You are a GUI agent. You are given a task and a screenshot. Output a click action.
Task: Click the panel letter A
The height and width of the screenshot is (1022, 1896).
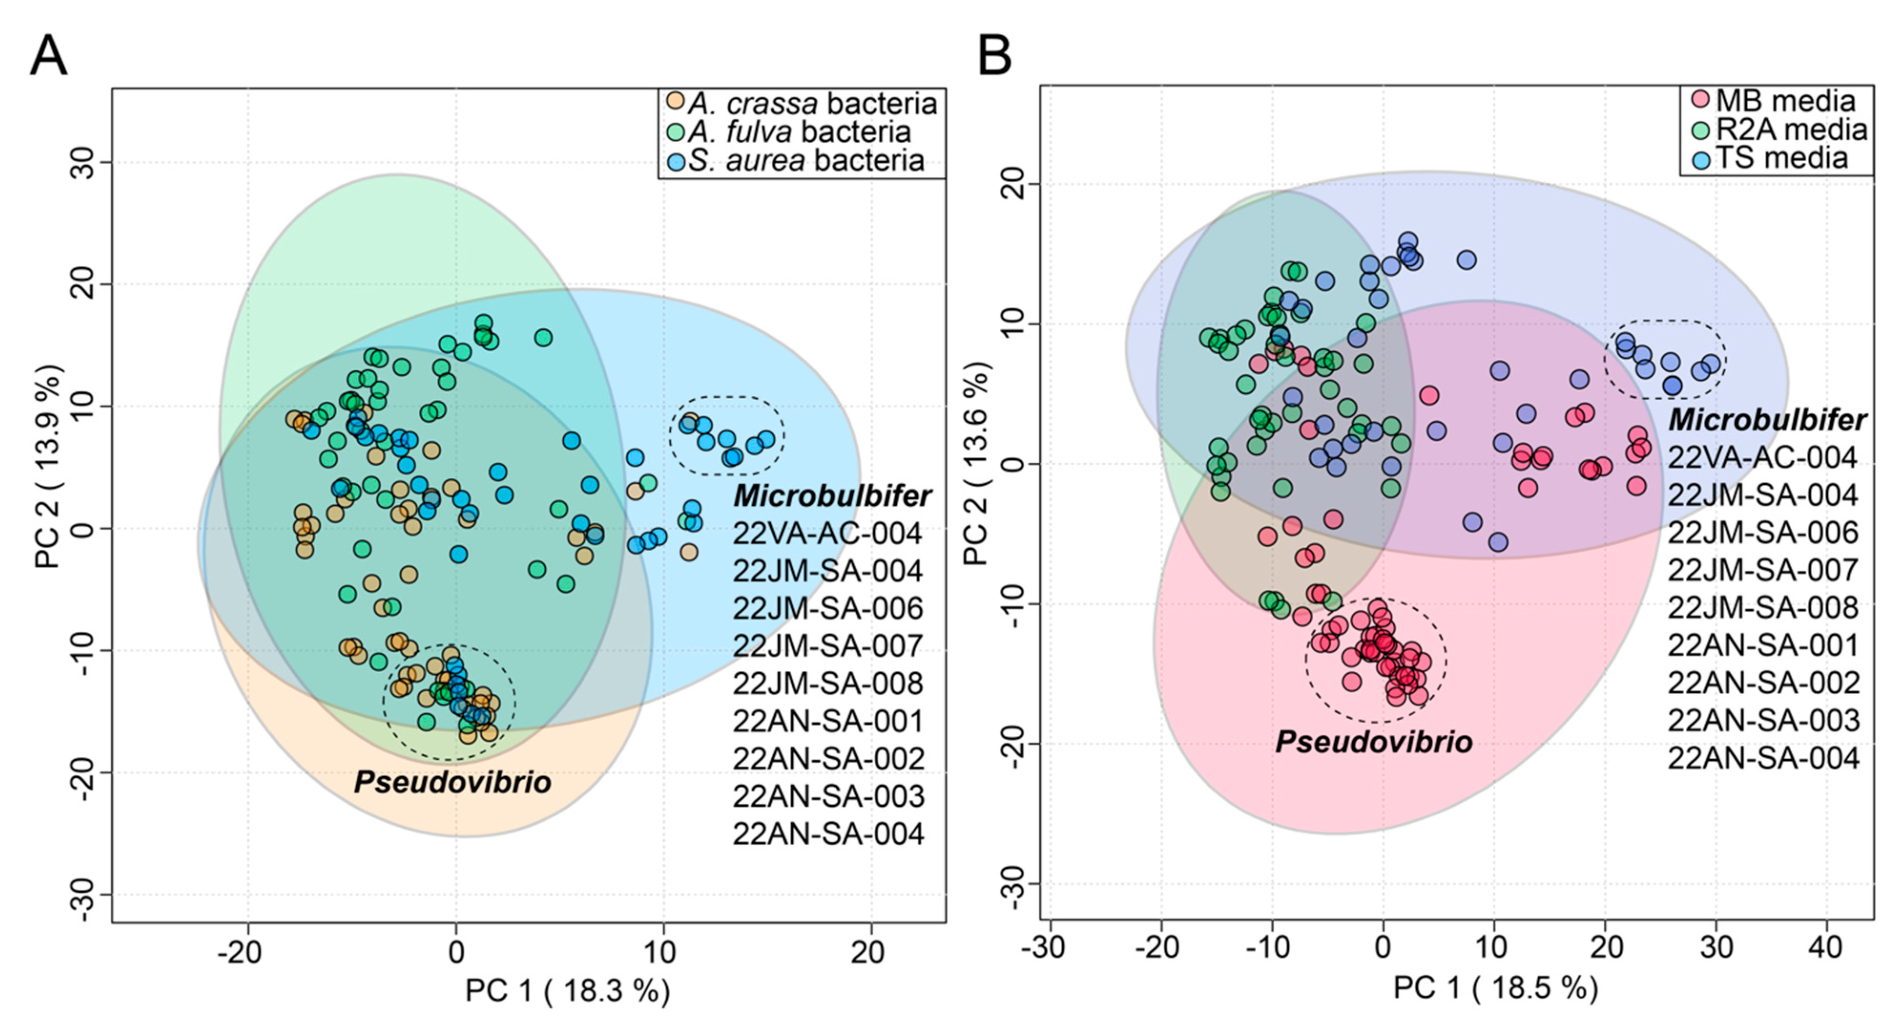click(49, 56)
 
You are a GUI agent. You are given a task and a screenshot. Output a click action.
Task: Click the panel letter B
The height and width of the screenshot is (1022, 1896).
click(995, 56)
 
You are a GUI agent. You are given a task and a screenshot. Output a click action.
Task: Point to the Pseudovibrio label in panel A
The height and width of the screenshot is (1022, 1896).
click(453, 782)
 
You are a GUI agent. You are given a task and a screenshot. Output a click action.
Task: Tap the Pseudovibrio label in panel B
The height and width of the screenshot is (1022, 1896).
click(1373, 741)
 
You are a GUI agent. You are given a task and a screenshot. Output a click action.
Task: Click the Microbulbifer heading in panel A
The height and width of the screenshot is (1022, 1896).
click(832, 496)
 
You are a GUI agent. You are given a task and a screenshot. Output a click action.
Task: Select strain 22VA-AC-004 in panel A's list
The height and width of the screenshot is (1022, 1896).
click(827, 533)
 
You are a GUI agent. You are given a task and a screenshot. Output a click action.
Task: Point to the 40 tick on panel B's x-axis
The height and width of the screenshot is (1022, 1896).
click(1826, 948)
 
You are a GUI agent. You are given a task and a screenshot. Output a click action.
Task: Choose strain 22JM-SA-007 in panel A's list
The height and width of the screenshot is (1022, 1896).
click(827, 646)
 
